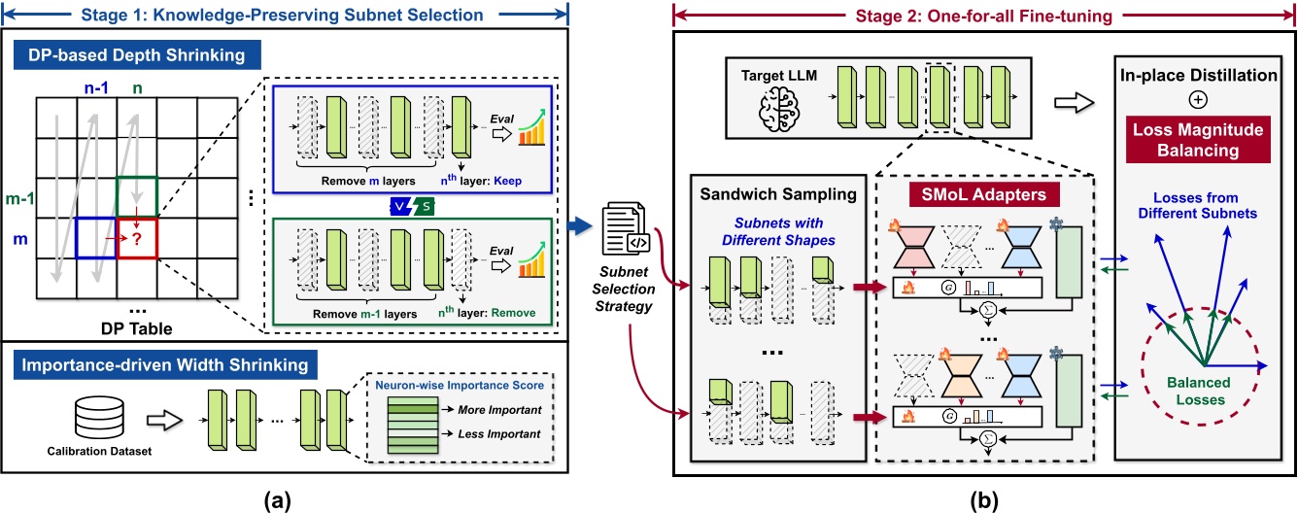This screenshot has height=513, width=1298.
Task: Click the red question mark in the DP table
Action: point(138,238)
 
